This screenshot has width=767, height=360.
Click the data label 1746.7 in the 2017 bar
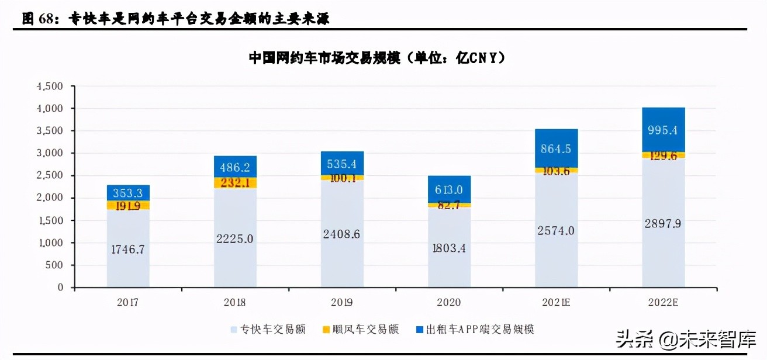(x=128, y=249)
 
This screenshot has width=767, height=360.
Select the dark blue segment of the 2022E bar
(x=663, y=130)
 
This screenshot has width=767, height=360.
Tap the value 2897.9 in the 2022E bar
(x=663, y=223)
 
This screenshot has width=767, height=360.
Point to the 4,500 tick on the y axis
(x=50, y=86)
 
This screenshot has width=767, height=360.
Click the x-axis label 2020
(x=448, y=302)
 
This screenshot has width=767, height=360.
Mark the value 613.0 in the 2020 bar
(x=449, y=190)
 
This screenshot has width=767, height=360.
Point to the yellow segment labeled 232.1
(x=235, y=182)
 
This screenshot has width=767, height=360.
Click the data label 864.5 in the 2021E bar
(x=556, y=148)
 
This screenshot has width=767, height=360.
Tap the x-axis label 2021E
(x=556, y=302)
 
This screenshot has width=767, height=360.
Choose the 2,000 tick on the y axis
(x=50, y=198)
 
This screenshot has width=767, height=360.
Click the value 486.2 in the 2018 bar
(x=235, y=167)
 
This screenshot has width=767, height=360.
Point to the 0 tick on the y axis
(x=59, y=288)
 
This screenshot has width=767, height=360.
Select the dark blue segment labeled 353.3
(x=128, y=193)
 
